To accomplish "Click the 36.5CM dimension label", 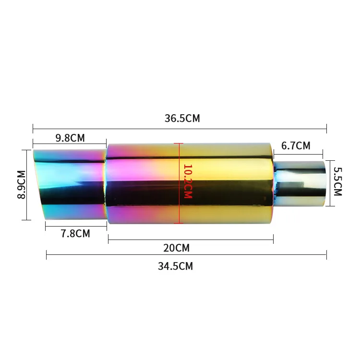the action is pyautogui.click(x=182, y=119).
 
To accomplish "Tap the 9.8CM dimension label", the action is pyautogui.click(x=70, y=138).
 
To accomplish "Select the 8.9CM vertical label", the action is pyautogui.click(x=21, y=185).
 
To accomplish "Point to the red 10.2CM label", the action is pyautogui.click(x=188, y=181).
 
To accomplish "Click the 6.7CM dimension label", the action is pyautogui.click(x=296, y=146).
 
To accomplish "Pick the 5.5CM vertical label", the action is pyautogui.click(x=338, y=181).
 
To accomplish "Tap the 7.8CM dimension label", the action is pyautogui.click(x=75, y=233).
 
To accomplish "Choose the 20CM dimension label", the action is pyautogui.click(x=176, y=248).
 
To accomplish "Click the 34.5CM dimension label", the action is pyautogui.click(x=175, y=266).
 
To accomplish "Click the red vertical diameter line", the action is pyautogui.click(x=179, y=183).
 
